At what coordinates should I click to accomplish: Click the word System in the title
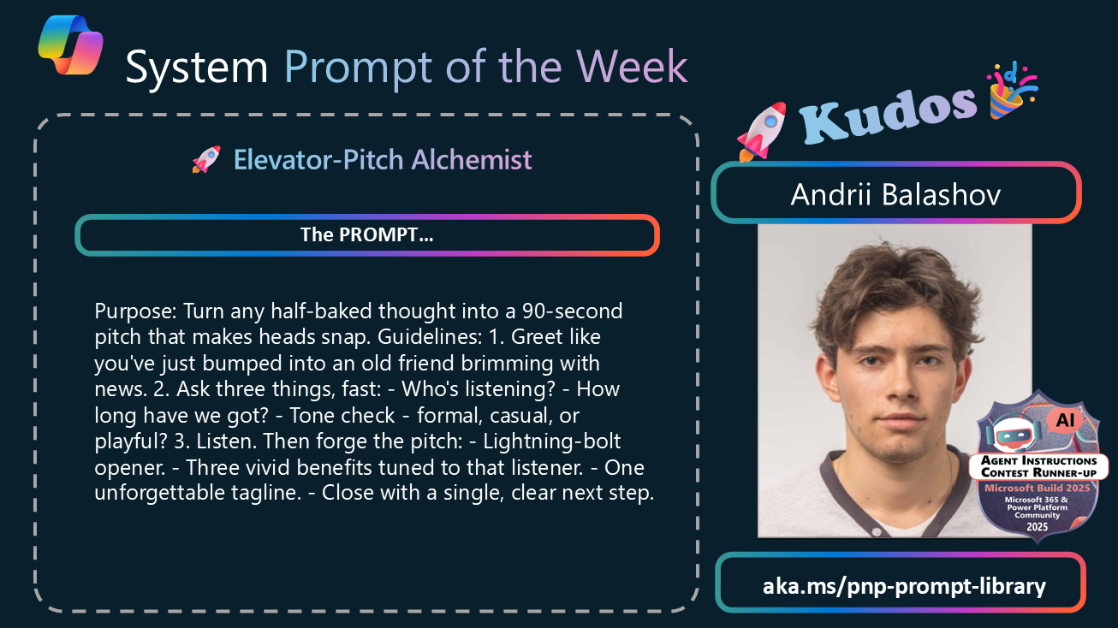pos(197,68)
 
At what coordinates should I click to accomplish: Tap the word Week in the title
pos(632,67)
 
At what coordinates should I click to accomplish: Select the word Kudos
pos(889,115)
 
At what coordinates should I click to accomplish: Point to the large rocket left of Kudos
pos(761,132)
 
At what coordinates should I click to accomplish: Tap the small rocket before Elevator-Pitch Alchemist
pos(206,160)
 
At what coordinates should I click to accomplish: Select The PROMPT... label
pos(367,235)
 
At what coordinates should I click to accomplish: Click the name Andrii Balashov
pos(895,194)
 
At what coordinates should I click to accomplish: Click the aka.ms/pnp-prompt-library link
pos(904,585)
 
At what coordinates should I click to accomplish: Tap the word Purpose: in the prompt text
pos(135,311)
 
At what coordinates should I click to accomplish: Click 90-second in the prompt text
pos(572,311)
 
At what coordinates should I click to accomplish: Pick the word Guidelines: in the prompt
pos(430,337)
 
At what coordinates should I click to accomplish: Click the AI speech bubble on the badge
pos(1065,420)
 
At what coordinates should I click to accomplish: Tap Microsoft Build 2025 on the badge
pos(1038,488)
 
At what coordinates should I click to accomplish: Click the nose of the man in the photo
pos(897,382)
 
